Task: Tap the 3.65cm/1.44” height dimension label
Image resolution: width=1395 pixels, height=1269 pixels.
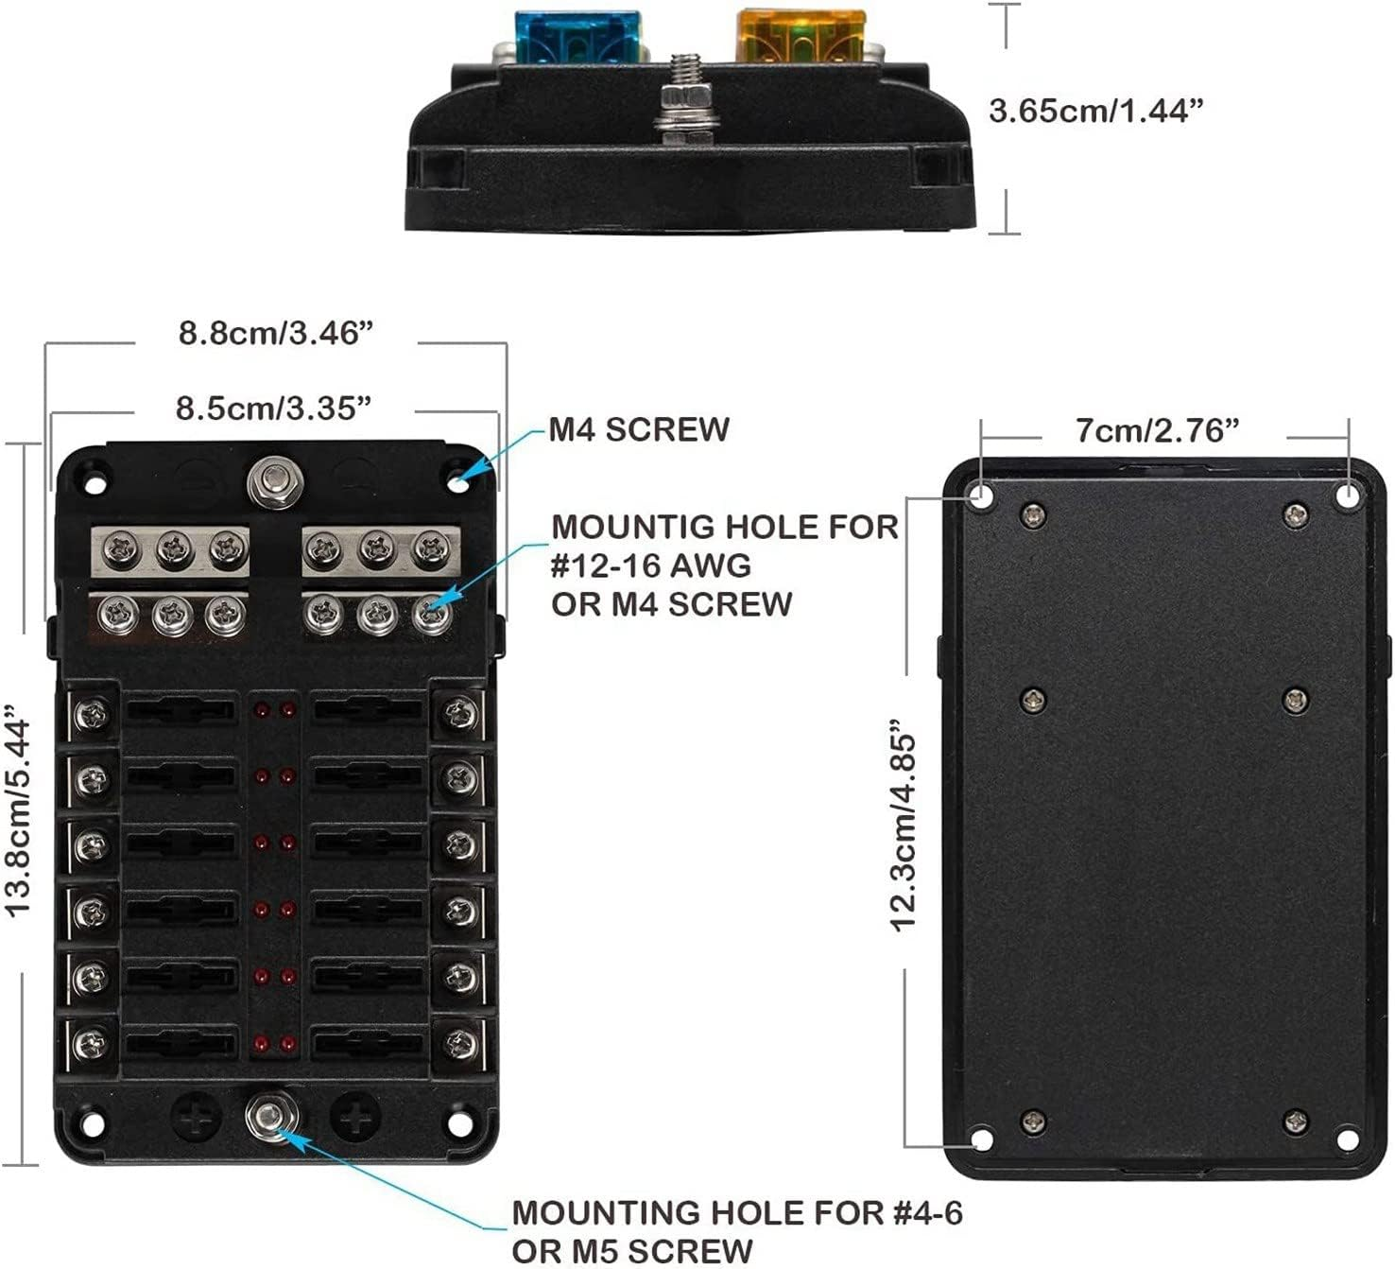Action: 1096,111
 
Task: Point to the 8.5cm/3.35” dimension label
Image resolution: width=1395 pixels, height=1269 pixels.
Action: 272,409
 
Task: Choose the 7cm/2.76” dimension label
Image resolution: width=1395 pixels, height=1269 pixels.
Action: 1157,430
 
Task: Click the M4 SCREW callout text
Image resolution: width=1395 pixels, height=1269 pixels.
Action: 639,429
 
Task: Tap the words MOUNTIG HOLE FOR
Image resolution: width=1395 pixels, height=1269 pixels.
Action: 725,527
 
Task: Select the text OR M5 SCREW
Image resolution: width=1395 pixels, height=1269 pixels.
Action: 632,1249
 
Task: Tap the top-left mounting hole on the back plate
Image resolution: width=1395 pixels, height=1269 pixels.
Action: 982,495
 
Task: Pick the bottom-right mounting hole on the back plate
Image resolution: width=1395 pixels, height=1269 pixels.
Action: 1348,1139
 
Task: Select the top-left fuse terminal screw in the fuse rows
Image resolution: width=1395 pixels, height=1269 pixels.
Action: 93,715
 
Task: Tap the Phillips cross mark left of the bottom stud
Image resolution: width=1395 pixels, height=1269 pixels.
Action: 197,1117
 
